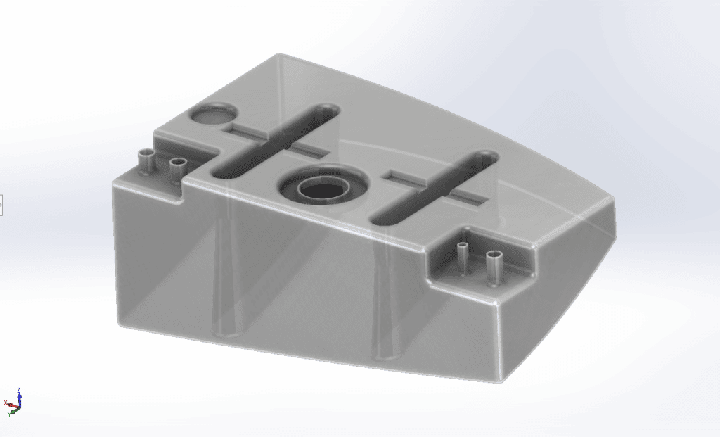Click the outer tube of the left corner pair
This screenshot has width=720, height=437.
click(x=147, y=161)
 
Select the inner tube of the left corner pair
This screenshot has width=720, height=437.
click(x=178, y=169)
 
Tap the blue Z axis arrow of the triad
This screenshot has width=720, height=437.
click(x=19, y=398)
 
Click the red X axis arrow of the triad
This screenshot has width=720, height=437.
click(x=11, y=404)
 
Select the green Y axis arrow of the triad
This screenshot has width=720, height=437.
click(x=14, y=411)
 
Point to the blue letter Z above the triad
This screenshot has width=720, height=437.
click(x=19, y=389)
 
